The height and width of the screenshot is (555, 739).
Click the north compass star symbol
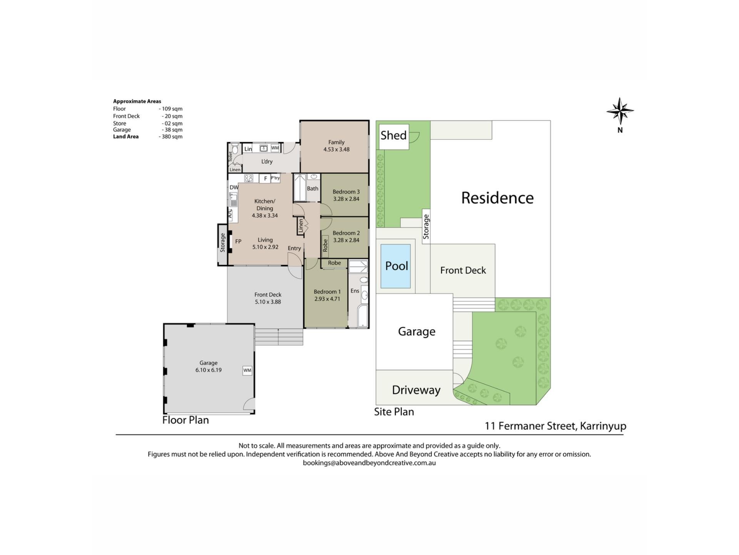tap(620, 111)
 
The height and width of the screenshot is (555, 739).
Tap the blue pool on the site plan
tap(395, 266)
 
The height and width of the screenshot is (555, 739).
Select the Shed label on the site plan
tap(393, 135)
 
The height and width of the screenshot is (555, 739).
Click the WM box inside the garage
tap(247, 370)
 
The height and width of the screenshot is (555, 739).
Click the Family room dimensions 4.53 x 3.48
tap(336, 150)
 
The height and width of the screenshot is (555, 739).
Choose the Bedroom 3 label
tap(346, 192)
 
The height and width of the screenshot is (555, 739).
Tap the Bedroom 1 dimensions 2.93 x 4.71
tap(327, 299)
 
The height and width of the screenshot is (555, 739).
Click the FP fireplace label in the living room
tap(238, 241)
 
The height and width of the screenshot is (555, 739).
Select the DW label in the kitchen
tap(234, 187)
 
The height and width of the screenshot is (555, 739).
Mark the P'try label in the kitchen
tap(275, 178)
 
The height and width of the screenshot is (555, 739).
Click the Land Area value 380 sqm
tap(171, 136)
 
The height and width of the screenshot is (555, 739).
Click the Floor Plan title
tap(186, 420)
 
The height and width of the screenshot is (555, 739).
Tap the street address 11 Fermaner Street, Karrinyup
tap(555, 426)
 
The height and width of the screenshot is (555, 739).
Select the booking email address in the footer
tap(369, 463)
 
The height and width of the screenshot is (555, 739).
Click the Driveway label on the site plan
tap(416, 390)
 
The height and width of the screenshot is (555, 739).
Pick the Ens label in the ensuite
tap(355, 291)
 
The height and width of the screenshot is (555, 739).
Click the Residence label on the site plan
tap(497, 198)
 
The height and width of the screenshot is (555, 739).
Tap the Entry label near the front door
tap(294, 249)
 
